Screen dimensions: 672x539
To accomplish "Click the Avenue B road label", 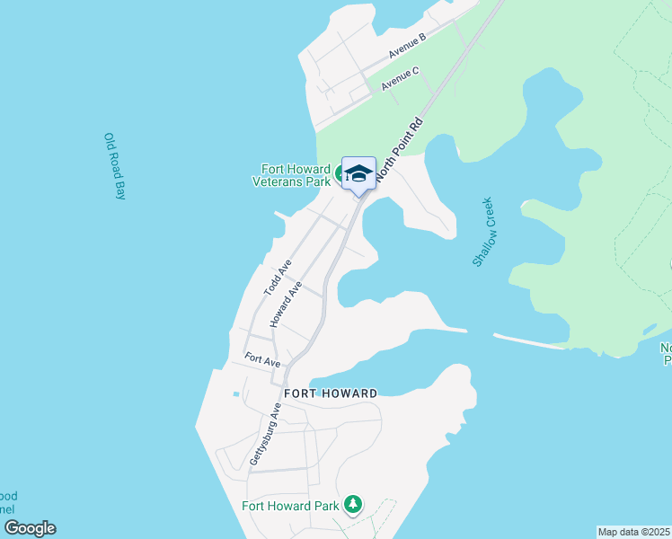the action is pyautogui.click(x=406, y=46).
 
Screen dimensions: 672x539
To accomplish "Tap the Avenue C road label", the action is pyautogui.click(x=400, y=78).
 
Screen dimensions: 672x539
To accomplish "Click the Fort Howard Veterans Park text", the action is pyautogui.click(x=296, y=173).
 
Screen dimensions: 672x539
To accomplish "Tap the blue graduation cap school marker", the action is pyautogui.click(x=358, y=173).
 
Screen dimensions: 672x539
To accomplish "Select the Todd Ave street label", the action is pyautogui.click(x=278, y=278).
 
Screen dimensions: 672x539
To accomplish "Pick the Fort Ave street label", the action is pyautogui.click(x=262, y=359).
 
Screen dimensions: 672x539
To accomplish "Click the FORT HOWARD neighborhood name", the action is pyautogui.click(x=331, y=393).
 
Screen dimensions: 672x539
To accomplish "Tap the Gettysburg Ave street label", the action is pyautogui.click(x=266, y=434).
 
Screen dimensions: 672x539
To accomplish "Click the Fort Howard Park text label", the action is pyautogui.click(x=290, y=505).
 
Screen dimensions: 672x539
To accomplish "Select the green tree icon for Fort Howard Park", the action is pyautogui.click(x=354, y=504).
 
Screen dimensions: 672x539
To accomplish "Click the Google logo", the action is pyautogui.click(x=30, y=528).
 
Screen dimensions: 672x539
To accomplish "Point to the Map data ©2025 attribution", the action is pyautogui.click(x=633, y=532).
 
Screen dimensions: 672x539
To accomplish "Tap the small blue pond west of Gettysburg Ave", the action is pyautogui.click(x=236, y=393).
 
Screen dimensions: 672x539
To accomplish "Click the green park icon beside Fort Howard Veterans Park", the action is pyautogui.click(x=341, y=173).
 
